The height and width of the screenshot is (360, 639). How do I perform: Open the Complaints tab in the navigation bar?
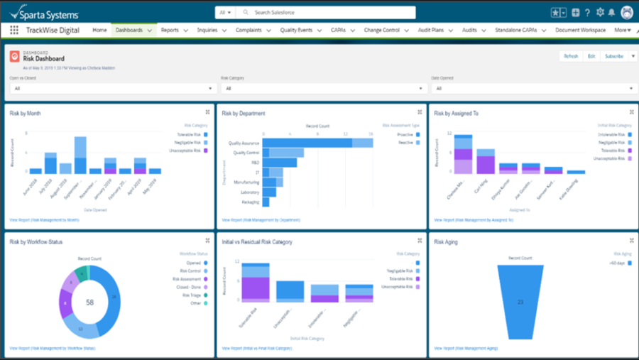[x=249, y=31]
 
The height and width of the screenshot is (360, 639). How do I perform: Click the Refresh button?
[x=571, y=56]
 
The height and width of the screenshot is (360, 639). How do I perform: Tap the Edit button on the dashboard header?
[x=591, y=56]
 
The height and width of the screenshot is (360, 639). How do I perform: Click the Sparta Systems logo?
[x=44, y=13]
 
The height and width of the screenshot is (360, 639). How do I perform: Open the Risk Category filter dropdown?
[x=324, y=89]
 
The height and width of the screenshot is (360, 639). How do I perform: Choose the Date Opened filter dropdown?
[x=533, y=89]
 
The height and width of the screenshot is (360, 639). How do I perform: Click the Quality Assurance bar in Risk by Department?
[x=307, y=143]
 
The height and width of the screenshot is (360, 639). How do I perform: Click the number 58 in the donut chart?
[x=89, y=302]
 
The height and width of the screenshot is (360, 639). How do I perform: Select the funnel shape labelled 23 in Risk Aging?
[x=520, y=302]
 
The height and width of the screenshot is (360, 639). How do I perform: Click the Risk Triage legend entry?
[x=191, y=295]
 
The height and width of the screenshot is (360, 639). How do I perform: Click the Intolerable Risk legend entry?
[x=611, y=134]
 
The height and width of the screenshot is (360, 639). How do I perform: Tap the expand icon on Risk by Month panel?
[x=207, y=112]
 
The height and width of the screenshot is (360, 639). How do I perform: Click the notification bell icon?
[x=611, y=13]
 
